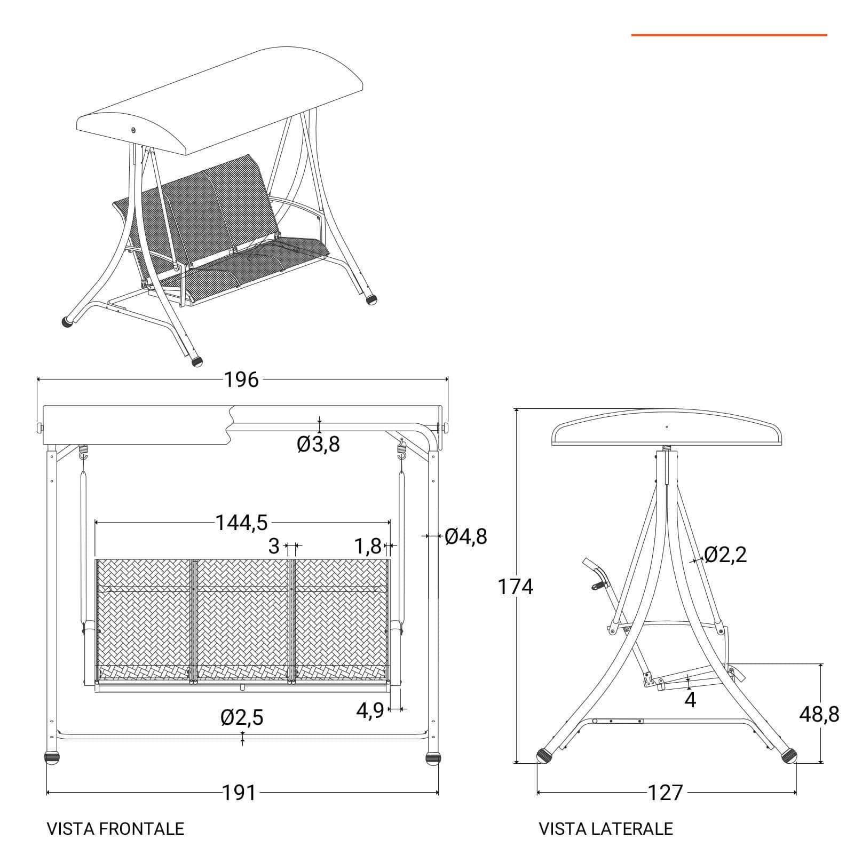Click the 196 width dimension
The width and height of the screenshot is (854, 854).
(x=241, y=380)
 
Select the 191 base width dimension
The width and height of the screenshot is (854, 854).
(x=239, y=793)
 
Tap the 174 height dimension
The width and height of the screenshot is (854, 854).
(x=516, y=587)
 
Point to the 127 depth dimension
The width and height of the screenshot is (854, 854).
(x=666, y=793)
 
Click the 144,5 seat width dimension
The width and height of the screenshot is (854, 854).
(x=241, y=523)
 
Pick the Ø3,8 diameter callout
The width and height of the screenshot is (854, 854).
(x=318, y=444)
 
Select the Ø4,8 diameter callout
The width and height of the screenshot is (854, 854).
(x=466, y=536)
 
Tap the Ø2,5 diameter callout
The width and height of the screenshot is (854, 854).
(x=242, y=718)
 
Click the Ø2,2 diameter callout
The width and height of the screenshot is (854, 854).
(x=725, y=555)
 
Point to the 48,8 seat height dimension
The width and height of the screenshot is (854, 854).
(x=819, y=714)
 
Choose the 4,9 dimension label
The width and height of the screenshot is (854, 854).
(x=370, y=710)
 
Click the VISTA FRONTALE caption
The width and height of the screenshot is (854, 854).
(x=115, y=828)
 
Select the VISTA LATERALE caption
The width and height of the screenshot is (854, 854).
(x=606, y=828)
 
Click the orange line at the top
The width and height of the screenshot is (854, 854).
(x=729, y=35)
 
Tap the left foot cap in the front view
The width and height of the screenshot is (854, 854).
(x=52, y=758)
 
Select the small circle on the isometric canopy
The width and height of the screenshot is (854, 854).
(x=133, y=130)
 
